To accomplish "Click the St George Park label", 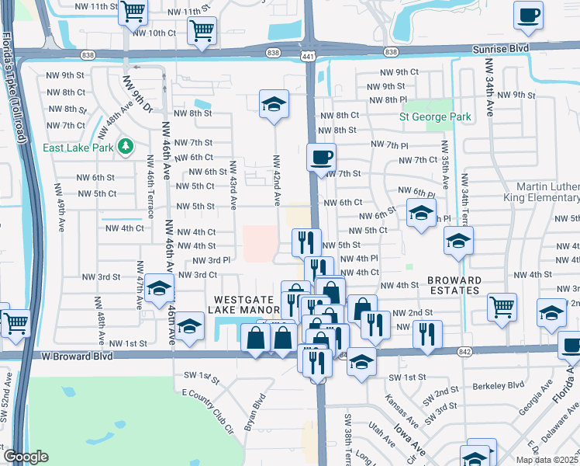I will [435, 117].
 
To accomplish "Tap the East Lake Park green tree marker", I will [125, 146].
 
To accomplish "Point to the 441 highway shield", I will [309, 57].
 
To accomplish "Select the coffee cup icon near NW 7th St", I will [321, 158].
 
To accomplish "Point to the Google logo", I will [26, 457].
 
